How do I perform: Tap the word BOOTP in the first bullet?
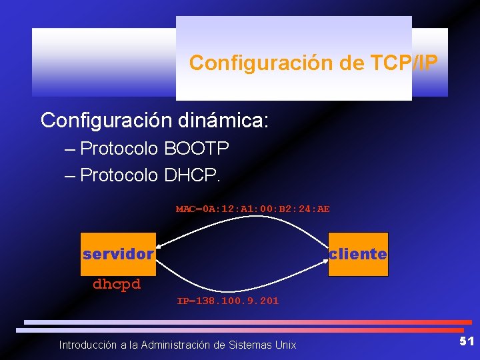pos(197,148)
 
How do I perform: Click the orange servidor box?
pos(118,254)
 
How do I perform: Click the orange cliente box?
pos(358,254)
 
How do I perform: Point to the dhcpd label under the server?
pos(117,284)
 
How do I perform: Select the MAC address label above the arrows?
pos(253,209)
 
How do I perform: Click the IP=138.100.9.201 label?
pos(228,301)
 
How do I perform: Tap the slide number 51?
pos(467,341)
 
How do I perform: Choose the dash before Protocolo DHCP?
pos(71,176)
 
